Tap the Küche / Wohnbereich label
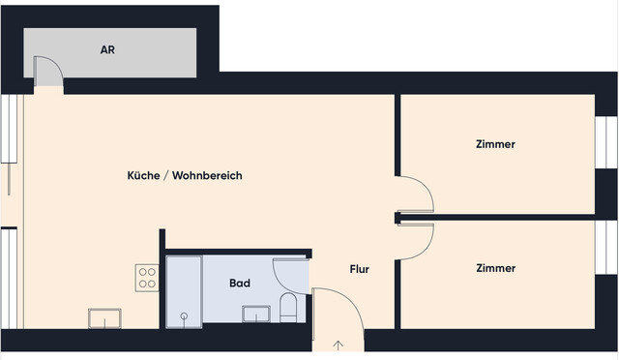[x=184, y=176]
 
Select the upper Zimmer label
[x=495, y=144]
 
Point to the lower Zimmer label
[x=495, y=268]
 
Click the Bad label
[x=240, y=284]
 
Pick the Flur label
[x=359, y=269]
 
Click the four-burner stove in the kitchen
[x=147, y=278]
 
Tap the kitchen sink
[x=104, y=317]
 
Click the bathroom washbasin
[x=255, y=314]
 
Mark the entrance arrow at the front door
[x=338, y=344]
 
